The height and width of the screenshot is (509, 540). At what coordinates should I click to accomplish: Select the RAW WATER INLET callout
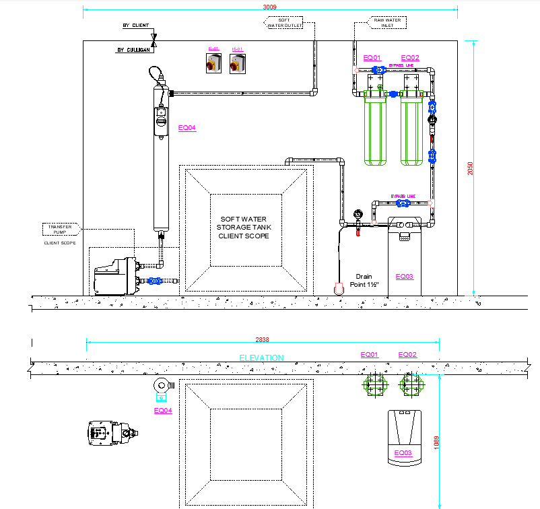(x=387, y=22)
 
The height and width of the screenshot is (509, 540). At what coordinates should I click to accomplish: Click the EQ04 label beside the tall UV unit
(x=187, y=127)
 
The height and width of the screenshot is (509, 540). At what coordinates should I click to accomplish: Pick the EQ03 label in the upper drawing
(x=404, y=276)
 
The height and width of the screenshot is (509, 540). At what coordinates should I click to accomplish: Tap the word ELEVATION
(x=262, y=358)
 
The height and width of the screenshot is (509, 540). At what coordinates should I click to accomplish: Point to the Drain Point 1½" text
(x=364, y=280)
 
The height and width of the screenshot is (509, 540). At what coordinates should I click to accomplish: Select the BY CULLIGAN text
(x=133, y=50)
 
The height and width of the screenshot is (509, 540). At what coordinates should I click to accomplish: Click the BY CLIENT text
(x=135, y=26)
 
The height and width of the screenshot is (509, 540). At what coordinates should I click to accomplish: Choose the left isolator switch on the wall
(x=213, y=63)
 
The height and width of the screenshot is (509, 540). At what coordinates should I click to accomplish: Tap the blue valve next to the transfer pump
(x=156, y=281)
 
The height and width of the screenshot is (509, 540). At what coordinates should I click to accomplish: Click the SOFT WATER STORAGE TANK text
(x=242, y=228)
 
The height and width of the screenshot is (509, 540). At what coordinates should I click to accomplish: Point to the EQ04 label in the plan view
(x=163, y=411)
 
